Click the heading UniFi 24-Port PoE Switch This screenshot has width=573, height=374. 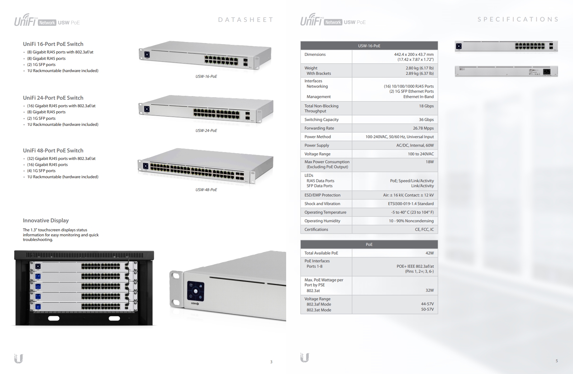pos(53,98)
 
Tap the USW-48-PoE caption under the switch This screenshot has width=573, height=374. pos(206,190)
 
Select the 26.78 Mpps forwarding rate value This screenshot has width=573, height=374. pos(423,128)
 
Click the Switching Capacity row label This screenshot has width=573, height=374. pos(321,120)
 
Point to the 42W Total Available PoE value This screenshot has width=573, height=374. pos(430,253)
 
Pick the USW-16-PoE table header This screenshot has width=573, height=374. pos(369,46)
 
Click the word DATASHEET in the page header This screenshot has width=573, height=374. pos(246,20)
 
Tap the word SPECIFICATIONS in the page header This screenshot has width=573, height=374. pos(518,19)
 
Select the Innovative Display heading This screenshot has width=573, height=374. pos(46,221)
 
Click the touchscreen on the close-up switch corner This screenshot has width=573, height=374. pos(195,291)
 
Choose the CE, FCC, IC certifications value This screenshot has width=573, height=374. pos(424,229)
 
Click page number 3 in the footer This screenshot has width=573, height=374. pos(271,362)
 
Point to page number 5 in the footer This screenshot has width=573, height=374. pos(557,361)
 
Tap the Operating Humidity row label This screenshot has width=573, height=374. pos(322,221)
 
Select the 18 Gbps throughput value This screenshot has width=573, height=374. pos(426,106)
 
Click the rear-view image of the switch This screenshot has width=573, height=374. pos(506,71)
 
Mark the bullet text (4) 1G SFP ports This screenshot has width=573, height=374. pos(41,171)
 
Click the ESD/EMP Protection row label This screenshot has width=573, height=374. pos(322,195)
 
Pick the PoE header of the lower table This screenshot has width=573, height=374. pos(369,245)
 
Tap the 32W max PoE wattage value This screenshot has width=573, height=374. pos(430,290)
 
